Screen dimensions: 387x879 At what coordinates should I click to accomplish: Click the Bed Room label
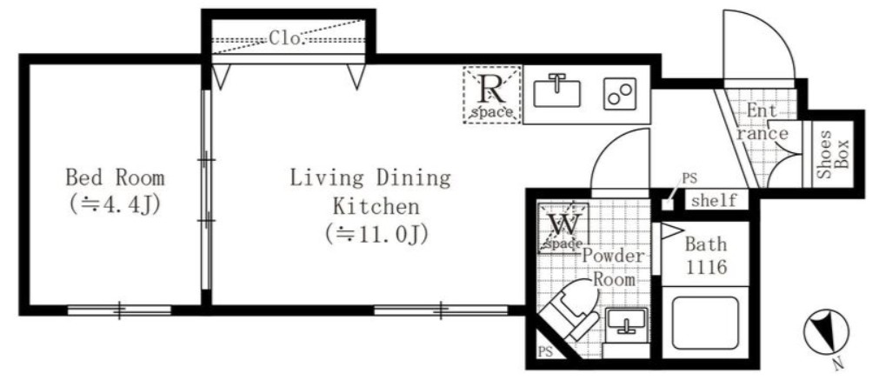[x=115, y=178]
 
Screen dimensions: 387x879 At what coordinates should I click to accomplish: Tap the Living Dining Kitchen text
[x=370, y=192]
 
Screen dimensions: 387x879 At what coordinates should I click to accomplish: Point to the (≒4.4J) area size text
[x=115, y=206]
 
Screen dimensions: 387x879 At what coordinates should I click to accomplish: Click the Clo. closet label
[x=285, y=38]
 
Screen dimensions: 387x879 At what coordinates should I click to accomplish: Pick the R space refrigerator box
[x=492, y=94]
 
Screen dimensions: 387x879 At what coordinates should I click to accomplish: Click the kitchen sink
[x=556, y=90]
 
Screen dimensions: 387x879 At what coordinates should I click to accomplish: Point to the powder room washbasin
[x=625, y=323]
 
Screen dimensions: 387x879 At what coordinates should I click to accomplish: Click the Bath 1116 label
[x=705, y=255]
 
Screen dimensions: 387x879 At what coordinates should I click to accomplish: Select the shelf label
[x=714, y=201]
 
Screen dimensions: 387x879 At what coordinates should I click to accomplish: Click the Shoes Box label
[x=832, y=155]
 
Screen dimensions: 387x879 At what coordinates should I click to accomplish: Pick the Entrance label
[x=762, y=122]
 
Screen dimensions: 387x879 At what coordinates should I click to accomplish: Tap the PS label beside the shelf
[x=689, y=178]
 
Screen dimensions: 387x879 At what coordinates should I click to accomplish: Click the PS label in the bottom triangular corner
[x=545, y=353]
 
